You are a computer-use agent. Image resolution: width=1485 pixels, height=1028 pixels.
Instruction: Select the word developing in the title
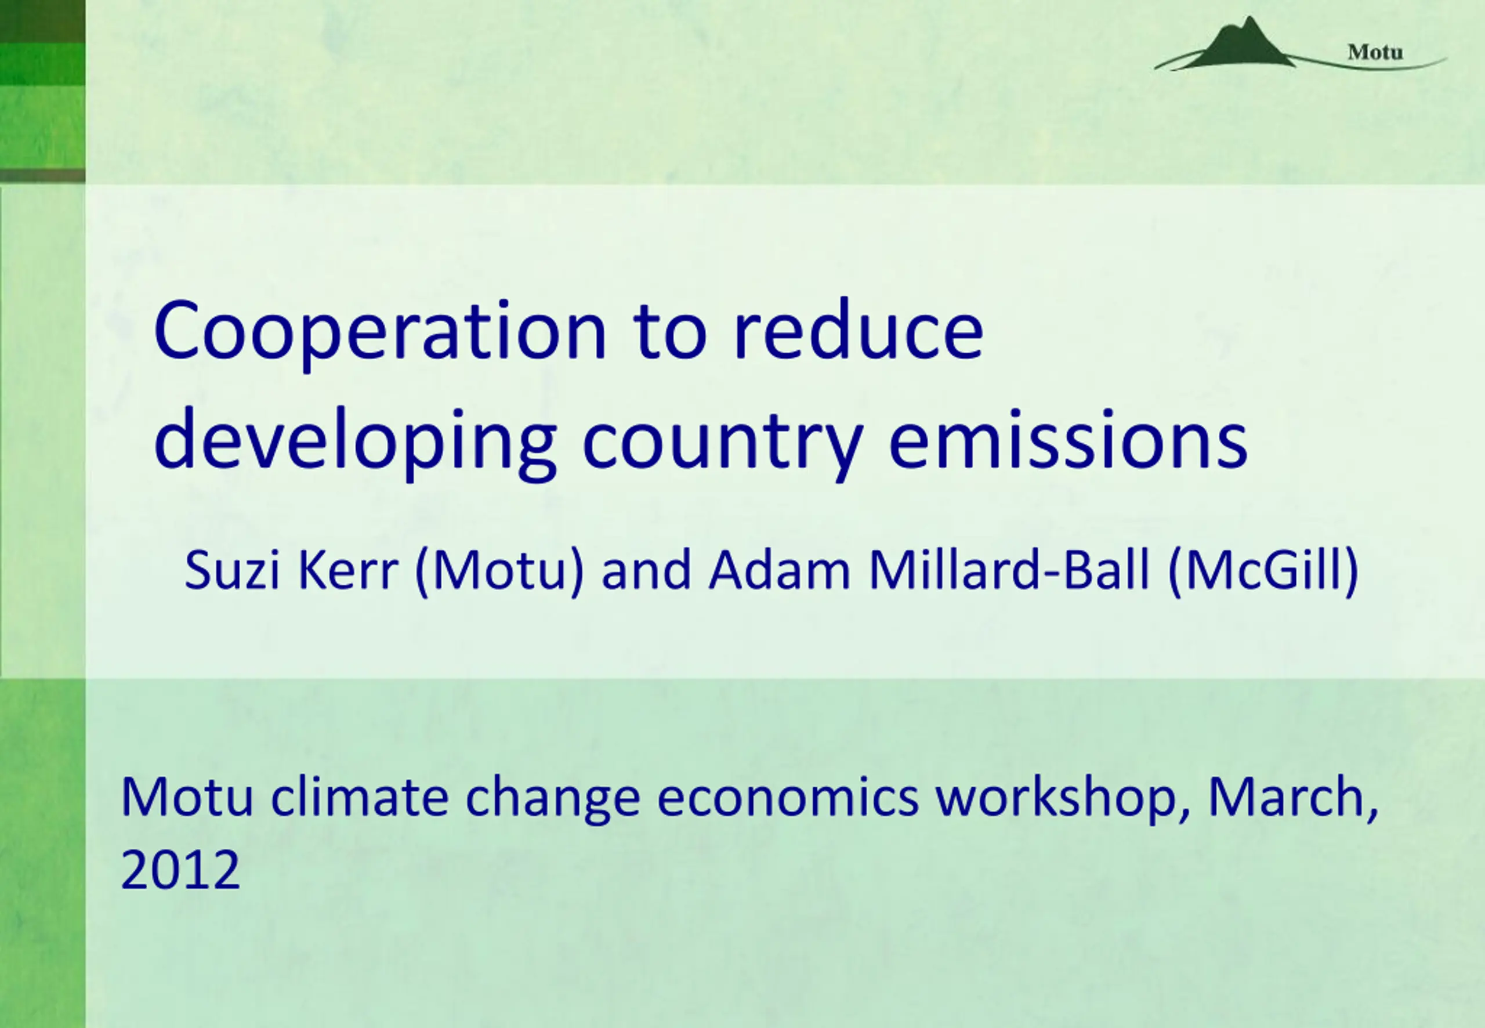(356, 443)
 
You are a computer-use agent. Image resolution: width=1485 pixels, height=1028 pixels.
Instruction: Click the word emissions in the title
(1069, 438)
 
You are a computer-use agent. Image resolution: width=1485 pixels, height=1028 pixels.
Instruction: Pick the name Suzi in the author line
(233, 569)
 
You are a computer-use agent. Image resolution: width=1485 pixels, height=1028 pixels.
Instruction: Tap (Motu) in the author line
(499, 571)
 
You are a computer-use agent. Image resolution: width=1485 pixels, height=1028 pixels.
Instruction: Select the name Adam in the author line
(780, 569)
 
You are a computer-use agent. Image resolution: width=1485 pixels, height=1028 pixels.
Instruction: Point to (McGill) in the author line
(1263, 571)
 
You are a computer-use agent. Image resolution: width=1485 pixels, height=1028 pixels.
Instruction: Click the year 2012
(180, 870)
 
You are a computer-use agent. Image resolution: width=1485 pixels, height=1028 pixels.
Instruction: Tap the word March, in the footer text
(1294, 799)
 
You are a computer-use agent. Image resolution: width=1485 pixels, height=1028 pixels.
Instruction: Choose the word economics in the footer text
(788, 798)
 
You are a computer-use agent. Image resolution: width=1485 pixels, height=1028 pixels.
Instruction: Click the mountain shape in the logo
(1240, 44)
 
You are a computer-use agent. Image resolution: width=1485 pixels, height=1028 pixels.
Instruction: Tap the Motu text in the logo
(1375, 52)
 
